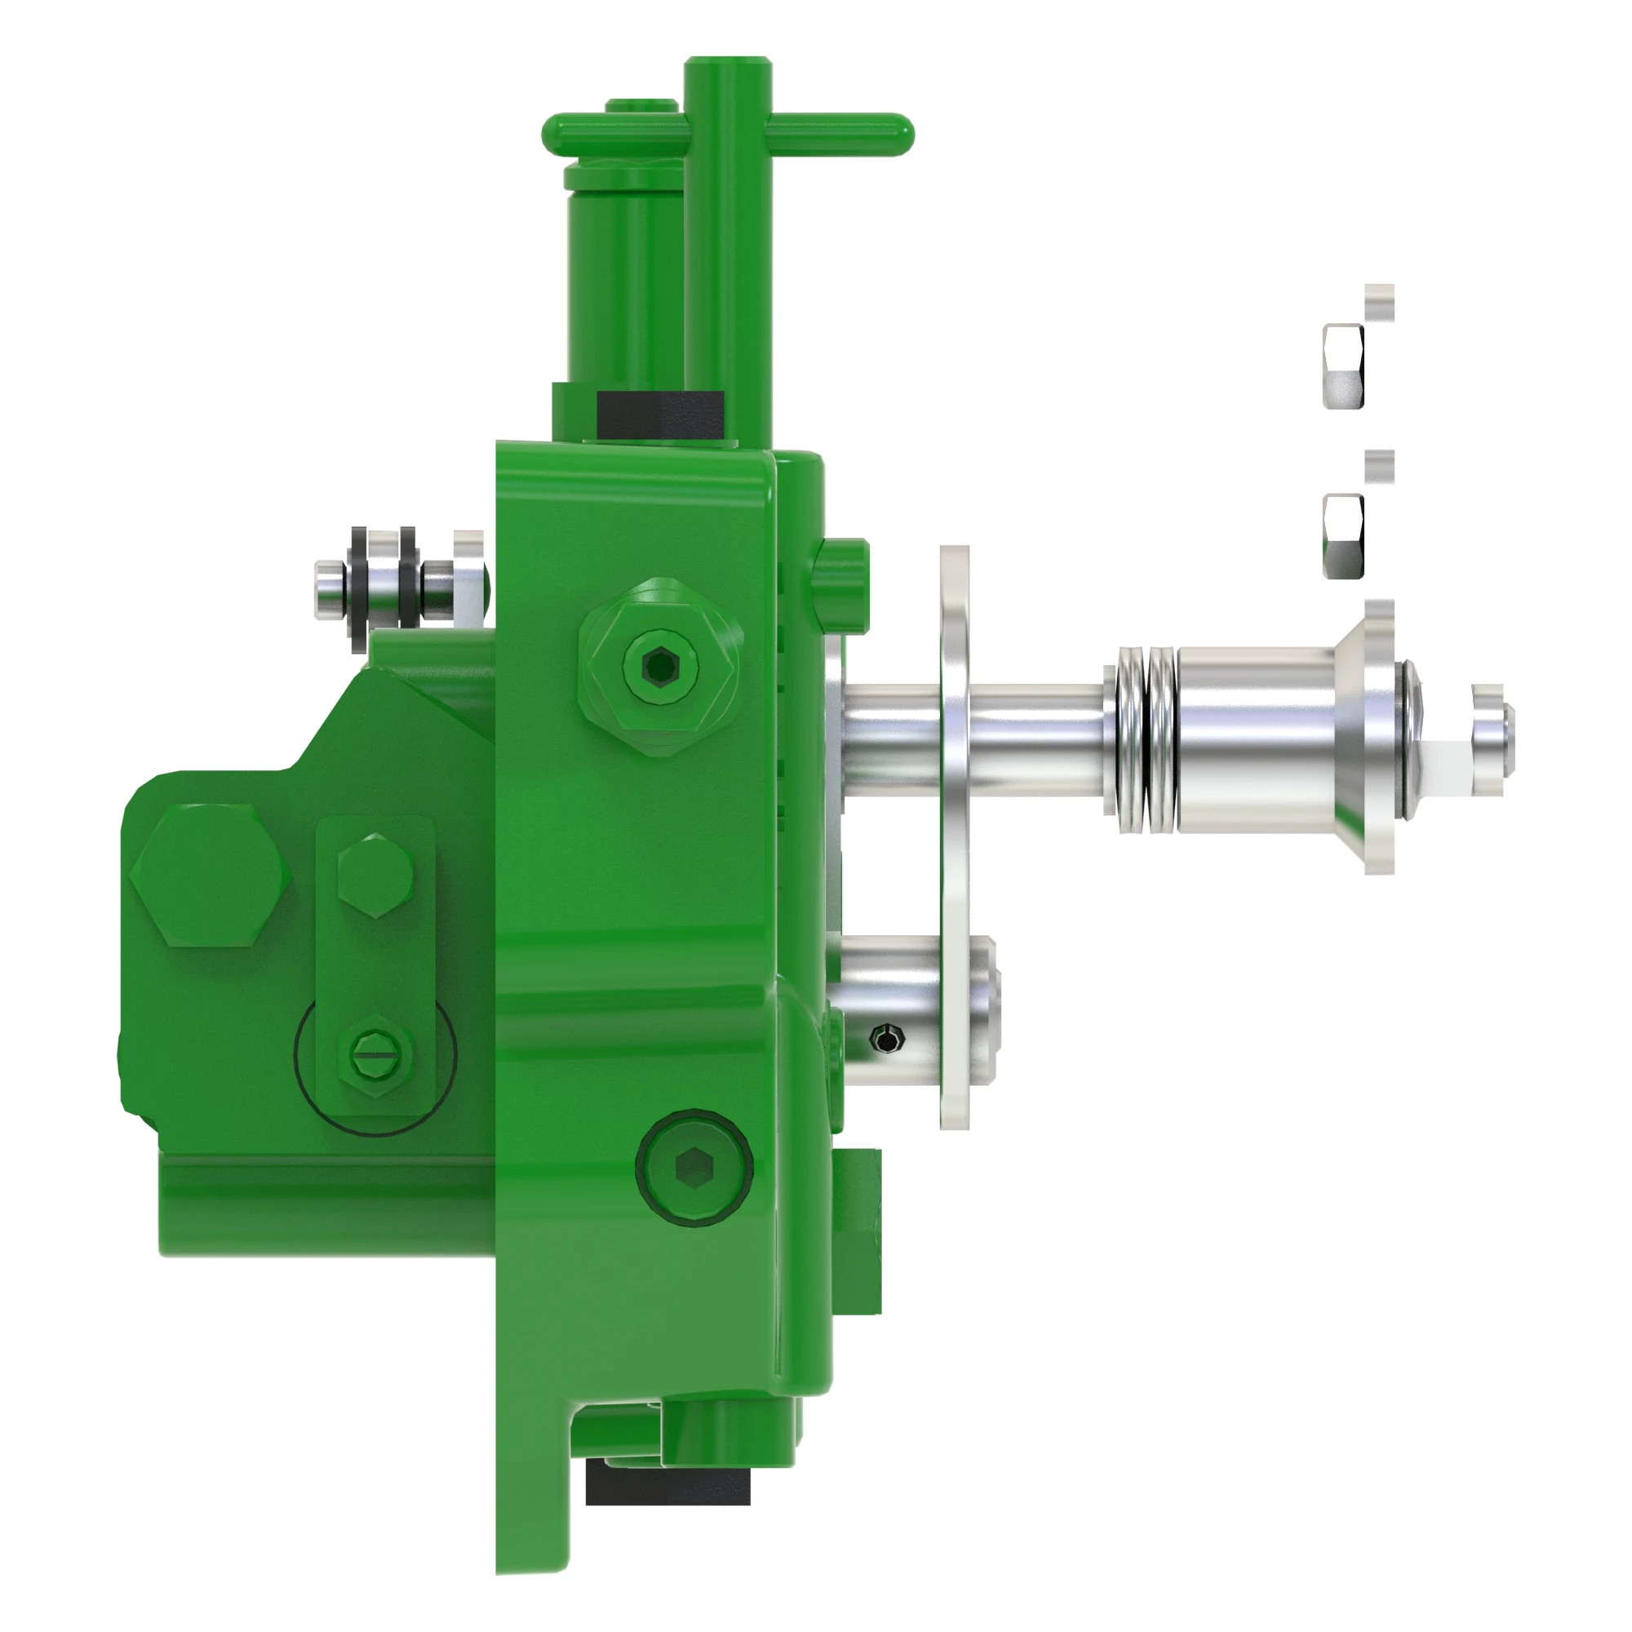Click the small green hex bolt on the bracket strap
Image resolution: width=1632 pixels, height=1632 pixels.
375,874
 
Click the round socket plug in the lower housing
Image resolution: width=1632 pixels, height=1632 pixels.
694,1169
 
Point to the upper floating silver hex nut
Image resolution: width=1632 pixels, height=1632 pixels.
1343,365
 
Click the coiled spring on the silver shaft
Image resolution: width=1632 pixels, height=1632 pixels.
1146,740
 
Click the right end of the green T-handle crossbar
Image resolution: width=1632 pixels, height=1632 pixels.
895,135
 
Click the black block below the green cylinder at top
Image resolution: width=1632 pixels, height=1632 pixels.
659,414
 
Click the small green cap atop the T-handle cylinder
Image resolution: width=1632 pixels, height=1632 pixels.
641,105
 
